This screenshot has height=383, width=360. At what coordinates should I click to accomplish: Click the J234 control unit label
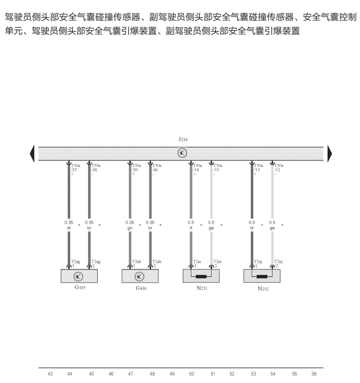click(182, 139)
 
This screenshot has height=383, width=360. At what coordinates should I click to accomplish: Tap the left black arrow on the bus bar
click(32, 153)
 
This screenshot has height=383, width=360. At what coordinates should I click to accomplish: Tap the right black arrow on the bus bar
click(329, 153)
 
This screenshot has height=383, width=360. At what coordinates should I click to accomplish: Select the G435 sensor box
click(79, 276)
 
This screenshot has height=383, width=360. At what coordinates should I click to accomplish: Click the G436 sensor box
click(140, 276)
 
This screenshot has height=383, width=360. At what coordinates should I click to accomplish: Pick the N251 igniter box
click(201, 276)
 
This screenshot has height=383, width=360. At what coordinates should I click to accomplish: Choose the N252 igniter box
click(262, 276)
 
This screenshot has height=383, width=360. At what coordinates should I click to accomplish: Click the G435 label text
click(80, 288)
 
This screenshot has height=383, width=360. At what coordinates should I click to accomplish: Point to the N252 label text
click(263, 288)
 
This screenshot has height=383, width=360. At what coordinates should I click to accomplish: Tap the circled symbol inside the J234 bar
click(182, 153)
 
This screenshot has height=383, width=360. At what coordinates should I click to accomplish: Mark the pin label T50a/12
click(279, 167)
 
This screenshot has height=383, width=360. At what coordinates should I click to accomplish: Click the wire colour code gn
click(130, 228)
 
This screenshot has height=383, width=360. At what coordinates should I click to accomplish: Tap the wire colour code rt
click(191, 228)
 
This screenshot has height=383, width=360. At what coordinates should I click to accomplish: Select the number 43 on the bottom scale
click(50, 374)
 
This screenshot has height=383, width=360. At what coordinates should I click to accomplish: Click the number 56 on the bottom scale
click(314, 374)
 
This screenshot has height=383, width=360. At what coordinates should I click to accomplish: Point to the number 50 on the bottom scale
click(191, 374)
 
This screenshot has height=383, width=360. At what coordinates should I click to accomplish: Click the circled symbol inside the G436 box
click(140, 276)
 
